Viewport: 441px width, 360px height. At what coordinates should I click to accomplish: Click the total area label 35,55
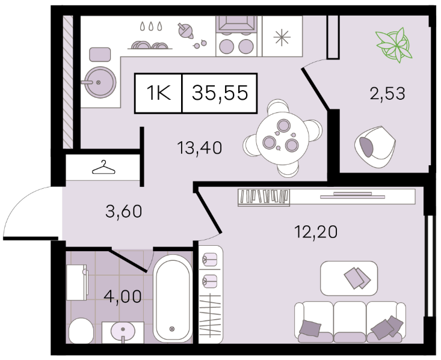click(x=220, y=93)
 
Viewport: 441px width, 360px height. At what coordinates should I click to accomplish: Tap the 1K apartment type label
click(x=159, y=93)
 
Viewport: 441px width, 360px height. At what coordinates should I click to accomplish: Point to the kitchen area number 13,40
click(x=200, y=147)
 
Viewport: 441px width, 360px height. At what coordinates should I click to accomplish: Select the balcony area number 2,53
click(x=387, y=93)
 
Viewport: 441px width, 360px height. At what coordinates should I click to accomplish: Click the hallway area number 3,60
click(x=124, y=212)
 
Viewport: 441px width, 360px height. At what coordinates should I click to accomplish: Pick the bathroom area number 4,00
click(x=123, y=296)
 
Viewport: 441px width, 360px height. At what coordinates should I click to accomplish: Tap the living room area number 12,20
click(x=316, y=232)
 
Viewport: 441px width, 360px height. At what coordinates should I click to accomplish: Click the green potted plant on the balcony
click(x=394, y=45)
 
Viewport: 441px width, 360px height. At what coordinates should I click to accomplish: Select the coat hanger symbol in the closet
click(x=103, y=167)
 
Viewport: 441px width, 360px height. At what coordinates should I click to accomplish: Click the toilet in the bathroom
click(x=81, y=331)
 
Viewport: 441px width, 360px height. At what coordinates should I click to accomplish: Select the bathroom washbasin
click(x=123, y=332)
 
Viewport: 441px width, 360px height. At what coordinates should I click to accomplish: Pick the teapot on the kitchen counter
click(x=185, y=31)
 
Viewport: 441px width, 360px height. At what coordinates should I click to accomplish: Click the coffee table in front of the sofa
click(x=349, y=278)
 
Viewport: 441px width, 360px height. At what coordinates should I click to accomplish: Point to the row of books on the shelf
click(x=264, y=196)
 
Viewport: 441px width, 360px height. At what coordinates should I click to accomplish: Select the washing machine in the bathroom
click(x=77, y=282)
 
